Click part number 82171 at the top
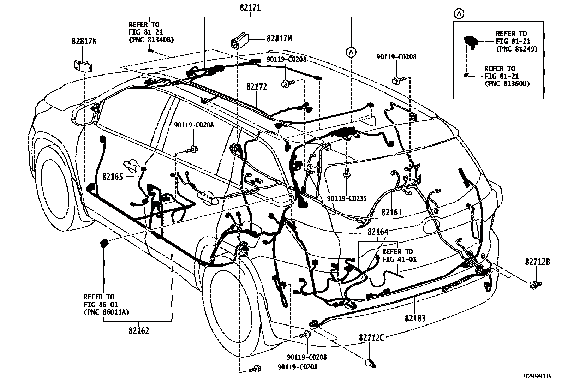(250, 7)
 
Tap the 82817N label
(84, 41)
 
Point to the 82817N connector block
(83, 66)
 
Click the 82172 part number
(257, 86)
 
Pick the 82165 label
(113, 177)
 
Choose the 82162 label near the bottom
(139, 330)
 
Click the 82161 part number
(391, 212)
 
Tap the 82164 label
(378, 232)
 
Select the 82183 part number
(415, 318)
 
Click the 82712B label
(538, 262)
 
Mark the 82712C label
(371, 338)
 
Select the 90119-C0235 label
(347, 198)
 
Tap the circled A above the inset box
(459, 13)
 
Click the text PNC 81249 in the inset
(517, 49)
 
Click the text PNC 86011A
(106, 312)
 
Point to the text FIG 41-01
(399, 259)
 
